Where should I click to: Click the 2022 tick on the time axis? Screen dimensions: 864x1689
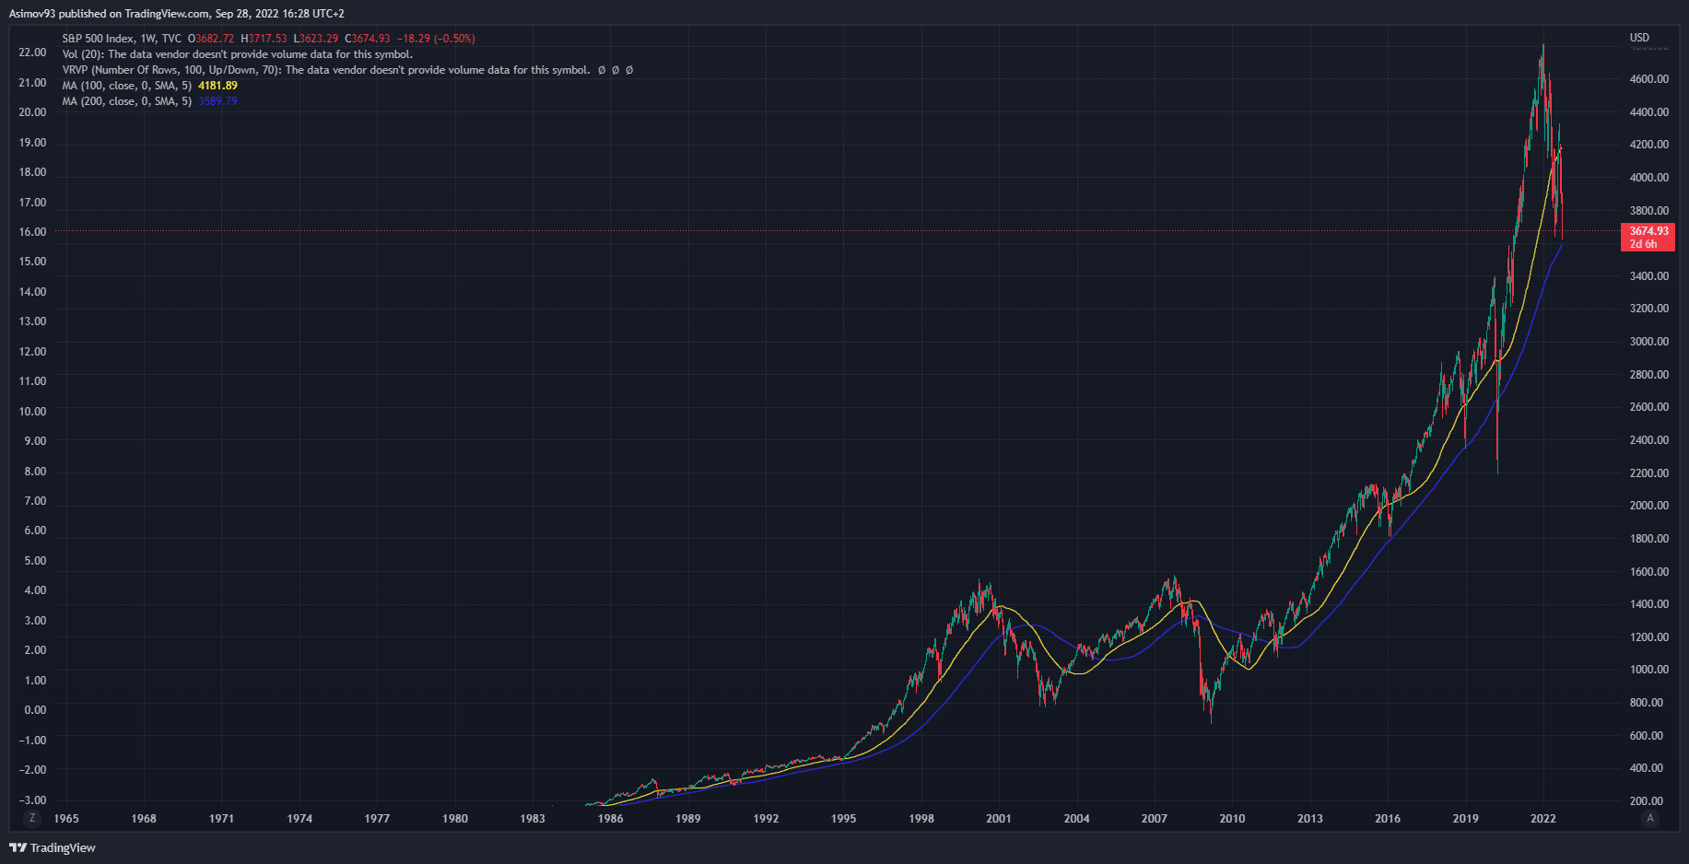click(x=1542, y=818)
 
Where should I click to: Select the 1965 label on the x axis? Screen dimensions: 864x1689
click(x=66, y=818)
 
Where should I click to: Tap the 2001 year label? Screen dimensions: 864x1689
click(x=998, y=818)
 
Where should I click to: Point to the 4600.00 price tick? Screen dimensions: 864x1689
click(x=1648, y=79)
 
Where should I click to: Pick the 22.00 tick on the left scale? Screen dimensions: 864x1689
click(x=32, y=53)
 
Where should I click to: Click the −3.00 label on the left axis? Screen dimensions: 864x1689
click(x=32, y=800)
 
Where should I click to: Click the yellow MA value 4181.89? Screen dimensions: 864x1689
click(x=217, y=86)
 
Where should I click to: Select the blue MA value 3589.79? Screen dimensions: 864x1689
click(x=217, y=101)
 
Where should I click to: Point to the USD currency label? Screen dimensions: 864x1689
click(x=1639, y=38)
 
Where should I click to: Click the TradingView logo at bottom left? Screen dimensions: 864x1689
click(x=53, y=847)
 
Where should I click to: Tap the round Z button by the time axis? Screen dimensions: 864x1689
click(x=32, y=818)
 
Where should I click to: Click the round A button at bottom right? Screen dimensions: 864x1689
click(x=1649, y=818)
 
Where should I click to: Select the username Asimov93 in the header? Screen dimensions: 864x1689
click(x=32, y=14)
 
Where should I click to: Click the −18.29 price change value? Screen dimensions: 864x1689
click(x=414, y=39)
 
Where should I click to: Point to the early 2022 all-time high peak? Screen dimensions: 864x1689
click(x=1543, y=45)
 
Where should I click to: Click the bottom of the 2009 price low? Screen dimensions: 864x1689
click(x=1211, y=722)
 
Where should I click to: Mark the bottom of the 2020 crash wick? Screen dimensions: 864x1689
click(x=1497, y=473)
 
